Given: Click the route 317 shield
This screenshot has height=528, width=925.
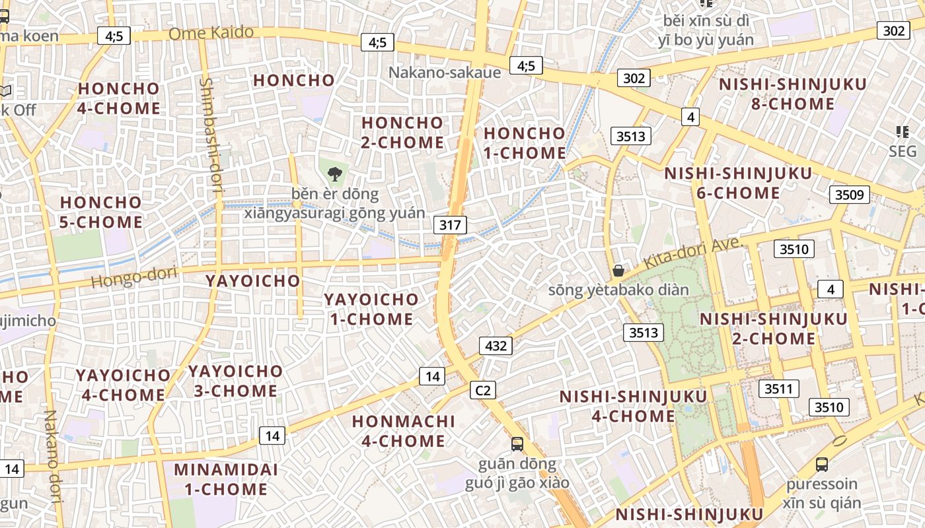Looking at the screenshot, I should point(450,224).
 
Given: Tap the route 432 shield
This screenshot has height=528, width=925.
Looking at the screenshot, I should point(496,346).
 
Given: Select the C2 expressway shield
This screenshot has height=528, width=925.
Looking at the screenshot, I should point(483,390).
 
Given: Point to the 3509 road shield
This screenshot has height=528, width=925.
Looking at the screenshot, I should point(850,194).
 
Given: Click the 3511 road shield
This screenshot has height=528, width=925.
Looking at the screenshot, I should point(778,389).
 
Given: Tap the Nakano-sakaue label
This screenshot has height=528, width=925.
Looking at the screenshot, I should point(445,72).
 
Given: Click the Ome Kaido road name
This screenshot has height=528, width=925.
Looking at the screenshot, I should point(211,32).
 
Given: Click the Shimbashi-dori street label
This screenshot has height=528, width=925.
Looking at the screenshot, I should point(211,135).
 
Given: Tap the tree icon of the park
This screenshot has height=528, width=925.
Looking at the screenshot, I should point(335,174).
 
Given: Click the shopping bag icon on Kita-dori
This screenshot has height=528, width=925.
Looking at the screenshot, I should point(618,270).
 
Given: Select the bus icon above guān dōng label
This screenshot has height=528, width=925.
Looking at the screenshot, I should point(517,444).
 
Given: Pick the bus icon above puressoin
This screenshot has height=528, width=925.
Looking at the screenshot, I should point(822,464).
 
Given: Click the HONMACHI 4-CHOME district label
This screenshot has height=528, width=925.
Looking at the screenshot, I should point(404,431).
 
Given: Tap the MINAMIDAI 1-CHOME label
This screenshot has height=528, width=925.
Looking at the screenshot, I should point(226,480).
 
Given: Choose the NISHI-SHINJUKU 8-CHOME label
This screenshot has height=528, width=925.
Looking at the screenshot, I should point(792,94).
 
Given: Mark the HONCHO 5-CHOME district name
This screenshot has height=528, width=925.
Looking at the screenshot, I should point(101,212).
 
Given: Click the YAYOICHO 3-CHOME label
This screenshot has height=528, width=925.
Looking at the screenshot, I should point(235,381).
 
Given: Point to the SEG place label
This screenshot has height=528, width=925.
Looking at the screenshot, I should point(903,151).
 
